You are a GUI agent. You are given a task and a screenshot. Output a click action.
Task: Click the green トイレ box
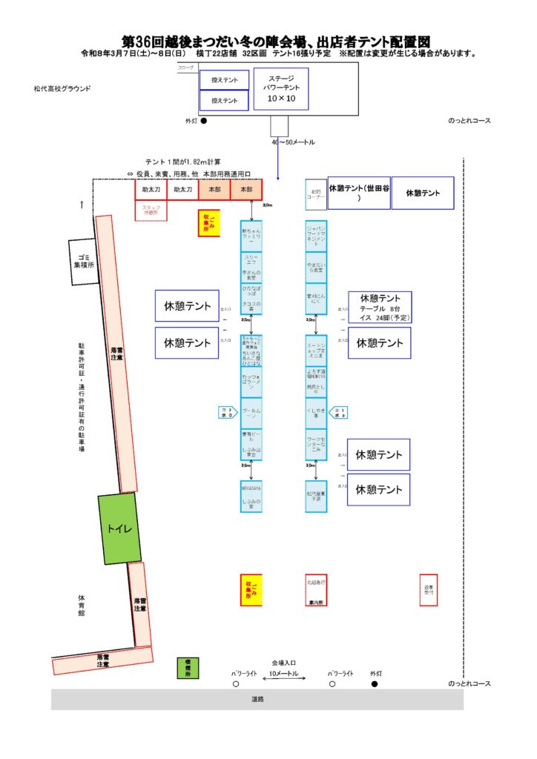pos(119,528)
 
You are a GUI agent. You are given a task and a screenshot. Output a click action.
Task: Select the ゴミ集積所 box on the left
pos(84,262)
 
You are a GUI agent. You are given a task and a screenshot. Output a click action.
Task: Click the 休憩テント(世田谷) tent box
pos(359,193)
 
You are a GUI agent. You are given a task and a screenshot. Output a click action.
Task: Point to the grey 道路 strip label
pos(257,699)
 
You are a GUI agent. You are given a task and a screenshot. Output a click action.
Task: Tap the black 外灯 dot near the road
pos(375,683)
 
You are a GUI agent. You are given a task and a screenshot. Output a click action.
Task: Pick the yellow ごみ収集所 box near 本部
pos(208,222)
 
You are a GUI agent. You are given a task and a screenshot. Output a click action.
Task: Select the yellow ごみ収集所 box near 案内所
pos(251,589)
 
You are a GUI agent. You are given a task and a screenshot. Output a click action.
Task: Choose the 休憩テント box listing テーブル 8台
pos(380,307)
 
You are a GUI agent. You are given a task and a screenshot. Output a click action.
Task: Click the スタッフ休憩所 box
pos(151,211)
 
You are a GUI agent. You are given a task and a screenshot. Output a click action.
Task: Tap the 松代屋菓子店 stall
pos(316,496)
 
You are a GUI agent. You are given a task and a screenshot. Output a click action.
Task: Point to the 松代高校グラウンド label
pos(62,88)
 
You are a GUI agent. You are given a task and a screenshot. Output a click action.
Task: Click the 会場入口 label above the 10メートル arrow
pos(283,662)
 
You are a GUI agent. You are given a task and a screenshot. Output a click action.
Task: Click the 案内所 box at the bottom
pos(317,590)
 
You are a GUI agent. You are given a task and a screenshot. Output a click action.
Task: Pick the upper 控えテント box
pos(224,80)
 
